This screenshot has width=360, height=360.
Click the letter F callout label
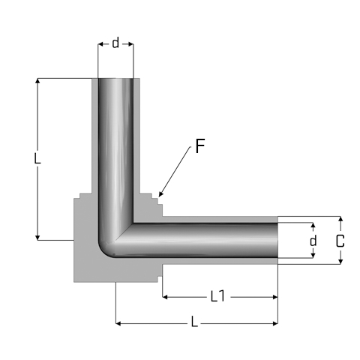[200, 145]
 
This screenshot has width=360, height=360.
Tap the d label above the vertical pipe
[115, 43]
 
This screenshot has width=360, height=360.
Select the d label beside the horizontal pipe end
[313, 241]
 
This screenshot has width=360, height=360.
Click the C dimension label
[340, 241]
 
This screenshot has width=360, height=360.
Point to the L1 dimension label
[217, 296]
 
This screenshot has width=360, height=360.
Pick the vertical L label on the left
[37, 158]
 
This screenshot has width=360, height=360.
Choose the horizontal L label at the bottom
[194, 322]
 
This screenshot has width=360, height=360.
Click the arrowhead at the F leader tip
[161, 194]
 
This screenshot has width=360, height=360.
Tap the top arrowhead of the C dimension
[340, 219]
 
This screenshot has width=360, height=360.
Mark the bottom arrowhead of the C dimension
[340, 261]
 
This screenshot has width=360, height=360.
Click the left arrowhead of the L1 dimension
[165, 297]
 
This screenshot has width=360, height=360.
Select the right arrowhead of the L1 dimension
[275, 297]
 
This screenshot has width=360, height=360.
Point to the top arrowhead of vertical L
[37, 81]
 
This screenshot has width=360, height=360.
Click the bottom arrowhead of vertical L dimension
[37, 238]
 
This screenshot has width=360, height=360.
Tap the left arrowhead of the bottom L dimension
[118, 324]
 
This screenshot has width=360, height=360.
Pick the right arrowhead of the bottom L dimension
[275, 324]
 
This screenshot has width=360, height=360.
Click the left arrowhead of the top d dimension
[100, 44]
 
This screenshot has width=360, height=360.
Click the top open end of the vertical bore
[115, 79]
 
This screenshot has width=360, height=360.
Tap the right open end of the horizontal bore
[277, 240]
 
